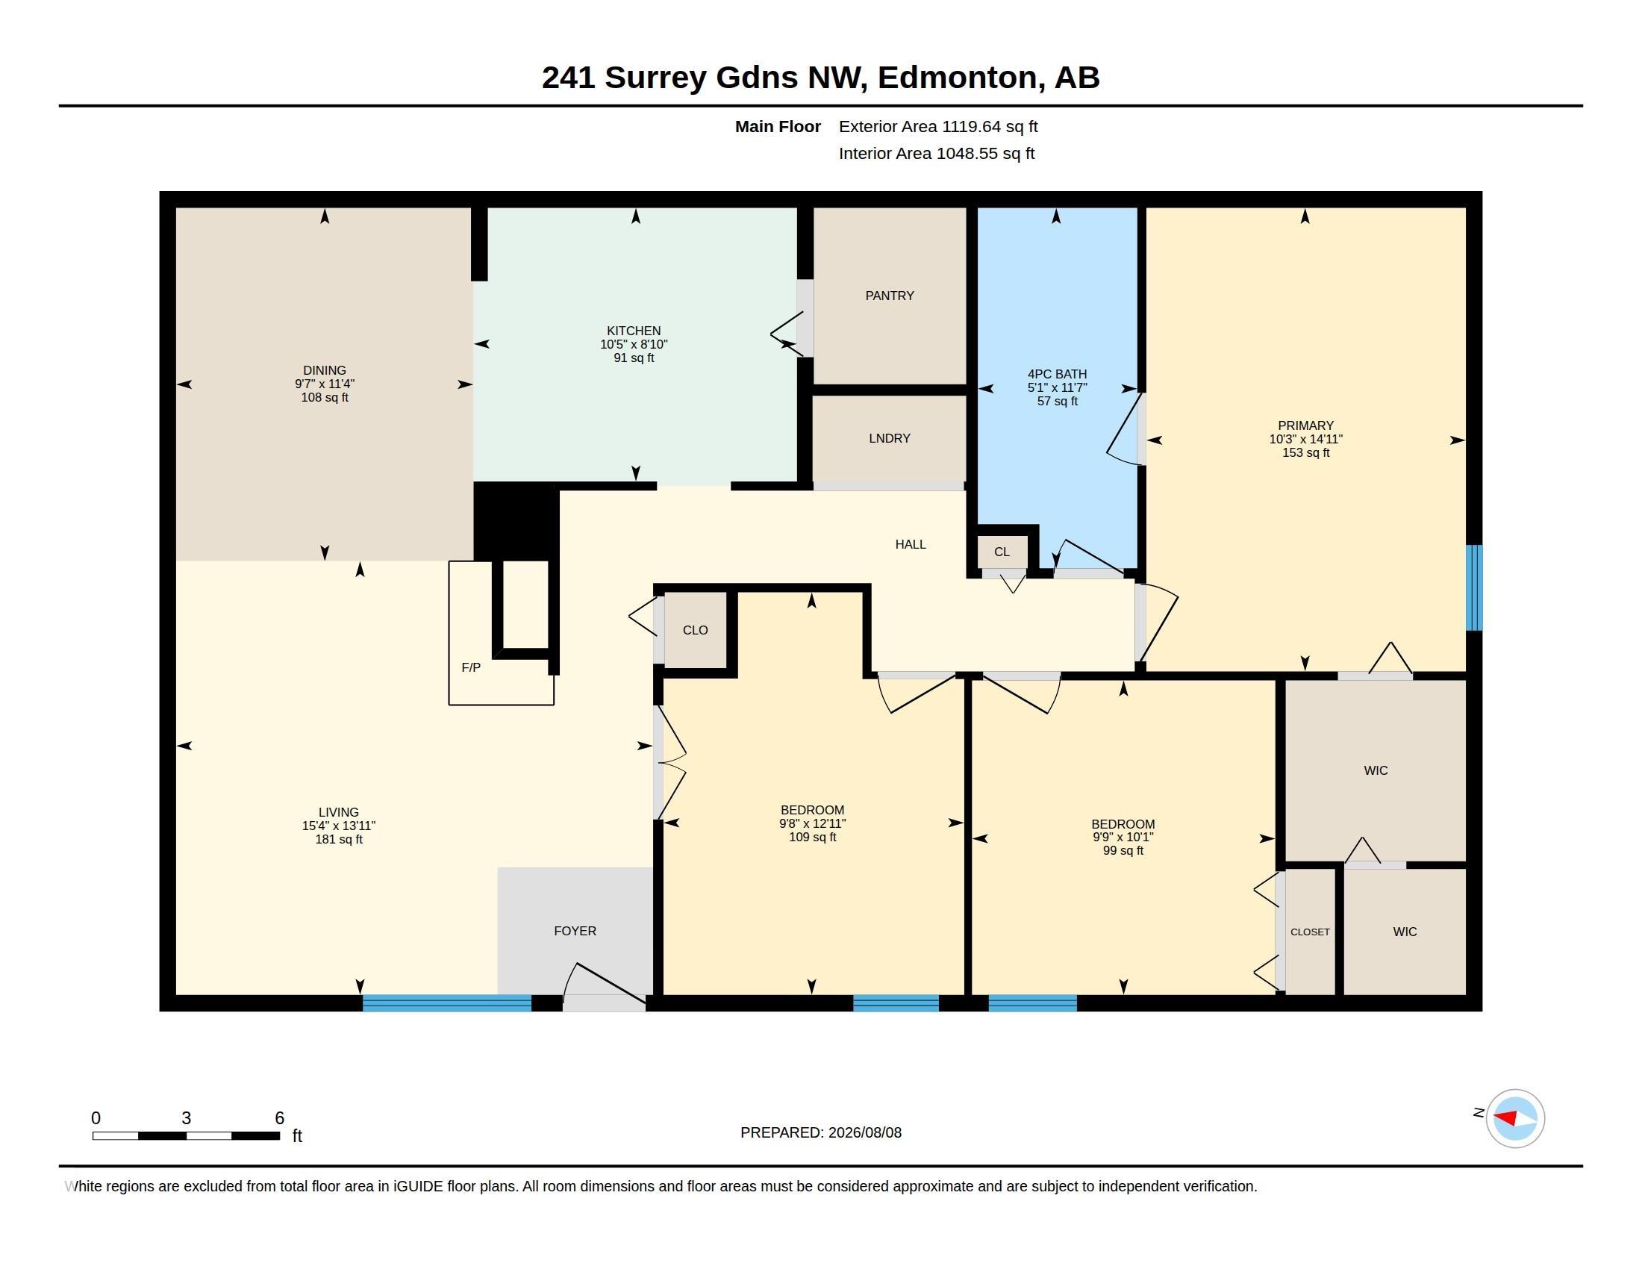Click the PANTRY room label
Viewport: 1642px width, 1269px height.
[x=890, y=296]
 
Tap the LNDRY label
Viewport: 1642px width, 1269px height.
[x=890, y=438]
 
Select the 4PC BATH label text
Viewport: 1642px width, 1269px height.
[x=1057, y=375]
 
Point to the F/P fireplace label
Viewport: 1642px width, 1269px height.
[x=471, y=667]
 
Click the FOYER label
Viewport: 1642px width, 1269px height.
[x=575, y=931]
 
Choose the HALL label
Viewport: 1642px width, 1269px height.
[x=911, y=544]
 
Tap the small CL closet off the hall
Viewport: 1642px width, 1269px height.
[x=1002, y=552]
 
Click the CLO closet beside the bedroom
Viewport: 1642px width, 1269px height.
[x=696, y=630]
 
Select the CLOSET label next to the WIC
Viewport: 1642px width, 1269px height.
[x=1311, y=932]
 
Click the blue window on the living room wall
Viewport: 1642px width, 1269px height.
[x=447, y=1003]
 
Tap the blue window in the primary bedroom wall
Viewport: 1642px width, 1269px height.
[x=1474, y=588]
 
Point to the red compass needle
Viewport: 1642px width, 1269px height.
[x=1505, y=1117]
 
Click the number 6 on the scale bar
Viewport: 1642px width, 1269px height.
[x=280, y=1118]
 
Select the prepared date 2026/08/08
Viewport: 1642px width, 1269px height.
[x=864, y=1132]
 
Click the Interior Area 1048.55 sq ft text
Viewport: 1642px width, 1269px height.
[x=937, y=153]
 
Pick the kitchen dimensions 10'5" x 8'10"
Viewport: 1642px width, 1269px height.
[x=634, y=344]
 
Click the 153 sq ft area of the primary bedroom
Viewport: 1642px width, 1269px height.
[x=1306, y=452]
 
